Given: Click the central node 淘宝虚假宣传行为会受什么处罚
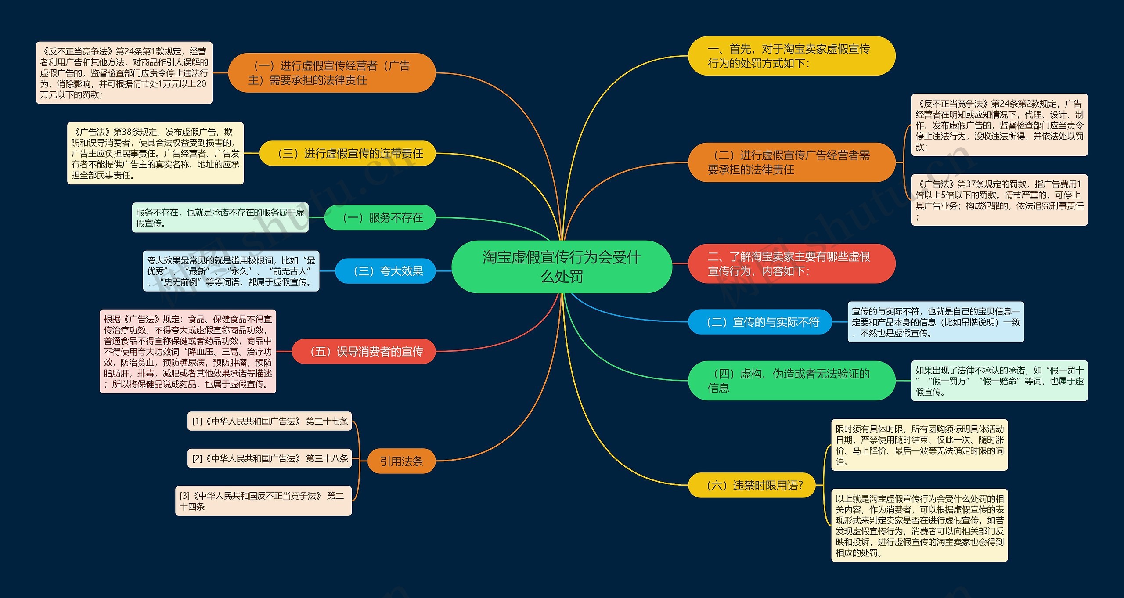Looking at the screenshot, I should click(562, 267).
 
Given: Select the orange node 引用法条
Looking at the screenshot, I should click(401, 461).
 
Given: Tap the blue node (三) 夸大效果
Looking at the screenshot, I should click(385, 271).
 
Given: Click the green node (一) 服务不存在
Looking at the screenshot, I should click(380, 217).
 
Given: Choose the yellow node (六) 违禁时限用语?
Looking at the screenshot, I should click(752, 485).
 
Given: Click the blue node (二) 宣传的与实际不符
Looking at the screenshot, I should click(760, 322).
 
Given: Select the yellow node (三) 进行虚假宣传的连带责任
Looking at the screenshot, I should click(347, 153).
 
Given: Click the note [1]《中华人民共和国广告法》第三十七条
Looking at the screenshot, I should click(270, 421).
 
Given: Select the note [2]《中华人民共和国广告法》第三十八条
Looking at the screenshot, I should click(270, 458).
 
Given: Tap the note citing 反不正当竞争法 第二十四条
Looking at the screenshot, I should click(263, 501).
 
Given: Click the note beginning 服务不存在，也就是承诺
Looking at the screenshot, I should click(220, 218).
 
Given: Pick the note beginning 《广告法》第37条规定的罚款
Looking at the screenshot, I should click(999, 200).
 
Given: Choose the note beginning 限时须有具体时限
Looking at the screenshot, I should click(919, 445).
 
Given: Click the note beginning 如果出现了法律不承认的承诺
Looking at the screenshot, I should click(999, 381).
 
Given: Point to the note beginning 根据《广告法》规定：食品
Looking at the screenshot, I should click(188, 351).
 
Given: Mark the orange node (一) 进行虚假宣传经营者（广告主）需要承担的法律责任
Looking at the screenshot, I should click(331, 73).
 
